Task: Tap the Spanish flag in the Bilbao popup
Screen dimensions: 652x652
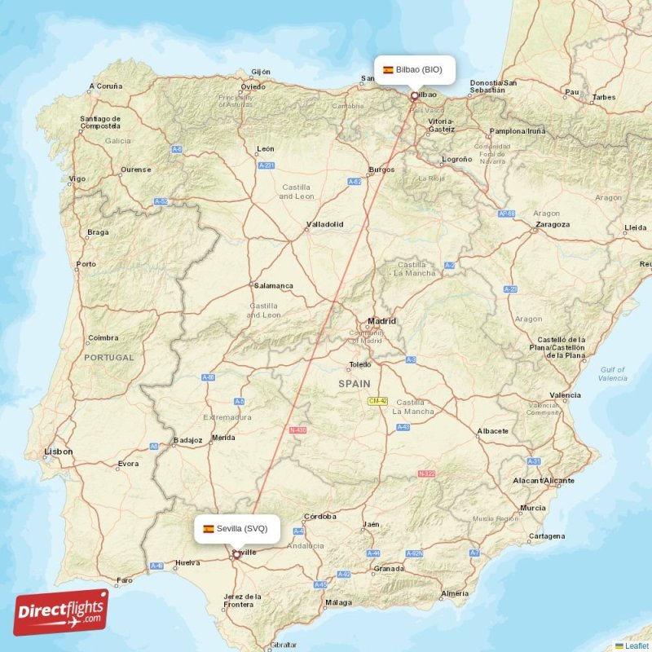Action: [x=388, y=70]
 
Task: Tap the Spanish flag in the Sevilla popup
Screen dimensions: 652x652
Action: [x=209, y=528]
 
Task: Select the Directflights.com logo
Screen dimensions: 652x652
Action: [x=61, y=612]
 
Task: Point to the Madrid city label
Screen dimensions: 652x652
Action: [x=381, y=321]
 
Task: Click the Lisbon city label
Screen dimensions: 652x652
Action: [x=58, y=451]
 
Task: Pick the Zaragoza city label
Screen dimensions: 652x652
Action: [x=553, y=224]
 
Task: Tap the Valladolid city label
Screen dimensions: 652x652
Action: [x=324, y=224]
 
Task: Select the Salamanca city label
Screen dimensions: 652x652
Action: [x=274, y=286]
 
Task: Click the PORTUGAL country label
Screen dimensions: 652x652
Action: [x=108, y=357]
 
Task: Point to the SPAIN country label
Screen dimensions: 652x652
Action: [x=354, y=383]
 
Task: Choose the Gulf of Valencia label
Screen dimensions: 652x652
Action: [x=612, y=373]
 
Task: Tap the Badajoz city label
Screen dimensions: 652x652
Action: [x=187, y=440]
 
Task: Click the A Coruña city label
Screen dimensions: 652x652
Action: [x=105, y=86]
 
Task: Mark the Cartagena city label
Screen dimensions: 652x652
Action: [x=546, y=535]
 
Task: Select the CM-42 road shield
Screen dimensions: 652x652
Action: [x=377, y=401]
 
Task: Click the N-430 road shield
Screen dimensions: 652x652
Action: [x=297, y=430]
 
